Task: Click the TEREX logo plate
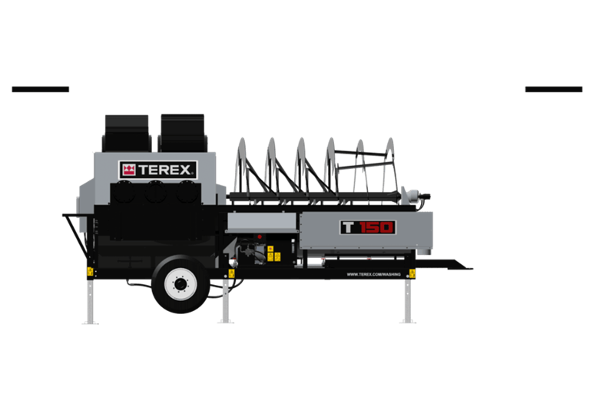(x=158, y=170)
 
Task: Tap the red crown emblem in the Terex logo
(x=129, y=170)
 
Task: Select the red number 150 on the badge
(x=376, y=227)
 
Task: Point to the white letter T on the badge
(x=348, y=227)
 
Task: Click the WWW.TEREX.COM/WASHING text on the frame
(x=373, y=274)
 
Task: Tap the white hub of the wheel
(x=181, y=285)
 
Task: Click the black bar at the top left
(x=41, y=89)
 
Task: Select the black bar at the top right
(x=553, y=89)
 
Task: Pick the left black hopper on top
(x=127, y=134)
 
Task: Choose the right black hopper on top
(x=183, y=133)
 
